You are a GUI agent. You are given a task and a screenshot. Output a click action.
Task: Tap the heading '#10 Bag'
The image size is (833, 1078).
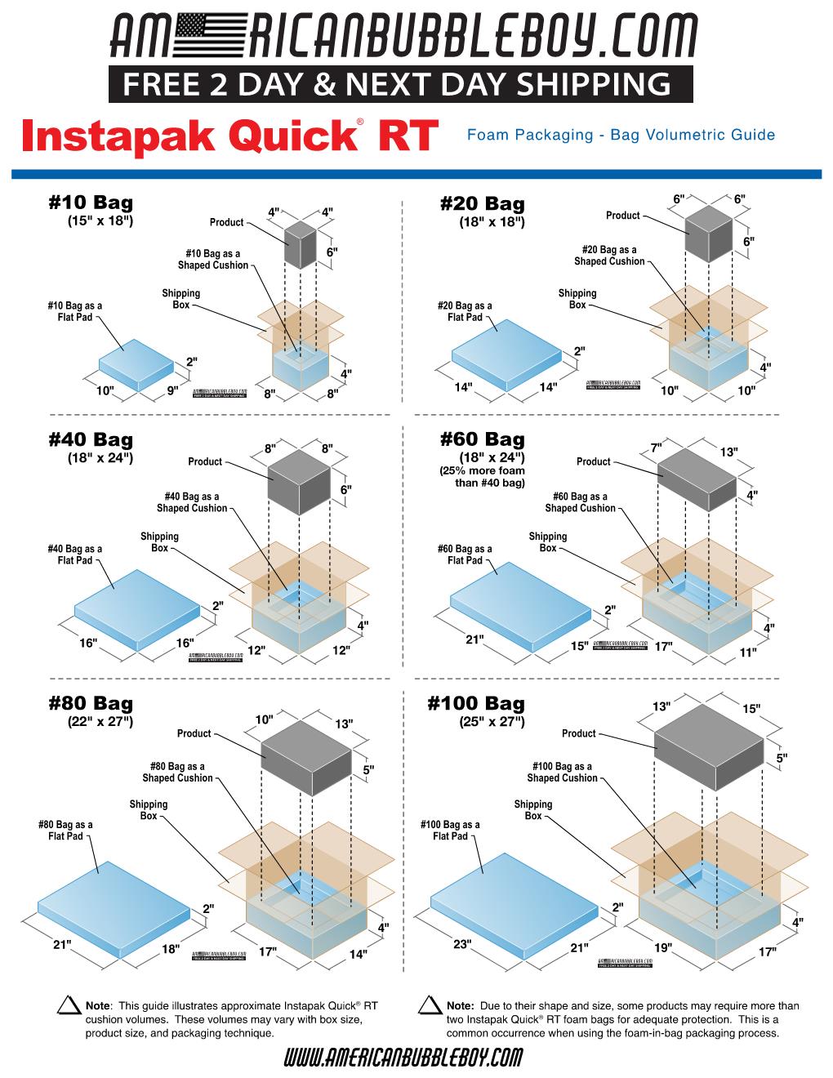(91, 203)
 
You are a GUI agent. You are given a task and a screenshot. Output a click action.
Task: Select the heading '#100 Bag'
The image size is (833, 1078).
(476, 703)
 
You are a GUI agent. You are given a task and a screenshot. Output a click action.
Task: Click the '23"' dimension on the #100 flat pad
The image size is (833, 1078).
(462, 944)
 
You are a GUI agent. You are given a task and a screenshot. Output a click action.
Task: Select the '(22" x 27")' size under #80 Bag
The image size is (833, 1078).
(100, 721)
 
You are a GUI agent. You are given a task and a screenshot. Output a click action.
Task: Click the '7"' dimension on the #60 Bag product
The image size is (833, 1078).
(656, 448)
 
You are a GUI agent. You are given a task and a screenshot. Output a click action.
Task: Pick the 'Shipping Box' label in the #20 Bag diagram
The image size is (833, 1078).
(577, 299)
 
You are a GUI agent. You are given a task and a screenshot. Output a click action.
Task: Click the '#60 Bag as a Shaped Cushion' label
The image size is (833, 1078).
(580, 502)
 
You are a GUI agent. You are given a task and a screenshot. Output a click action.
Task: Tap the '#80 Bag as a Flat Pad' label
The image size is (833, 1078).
(65, 831)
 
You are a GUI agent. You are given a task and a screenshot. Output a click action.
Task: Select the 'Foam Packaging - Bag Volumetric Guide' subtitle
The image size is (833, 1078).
(621, 135)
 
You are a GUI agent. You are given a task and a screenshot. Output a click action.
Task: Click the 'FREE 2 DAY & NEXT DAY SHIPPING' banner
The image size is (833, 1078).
(400, 84)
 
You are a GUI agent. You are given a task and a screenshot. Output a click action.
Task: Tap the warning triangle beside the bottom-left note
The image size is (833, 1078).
(68, 1007)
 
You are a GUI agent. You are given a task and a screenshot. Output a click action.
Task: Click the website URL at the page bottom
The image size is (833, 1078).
(403, 1058)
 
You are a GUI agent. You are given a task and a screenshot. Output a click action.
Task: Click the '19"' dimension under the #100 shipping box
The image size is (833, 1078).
(662, 948)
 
